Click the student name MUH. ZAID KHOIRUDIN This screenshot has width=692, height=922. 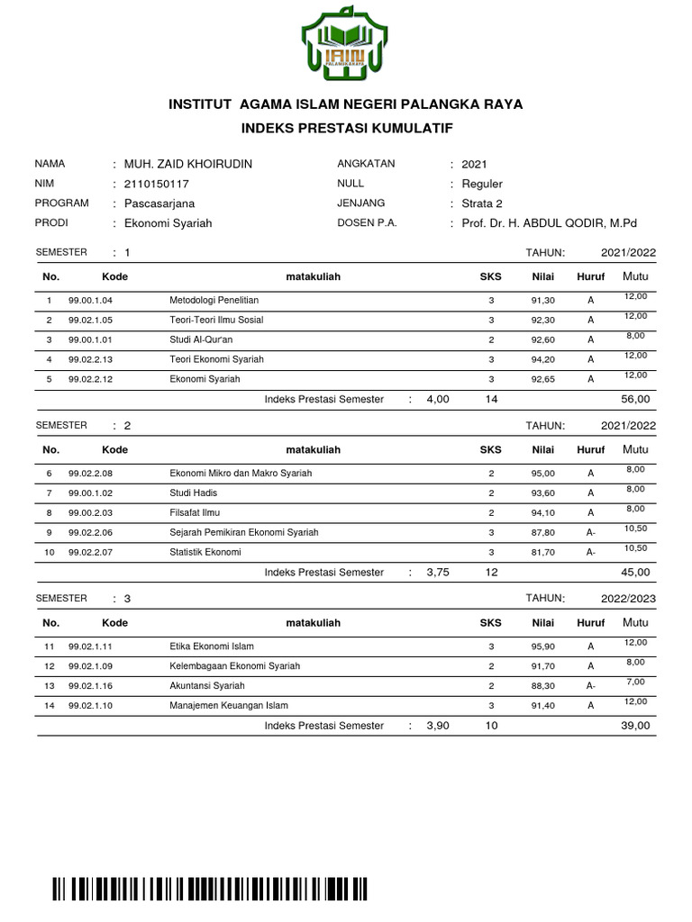point(187,164)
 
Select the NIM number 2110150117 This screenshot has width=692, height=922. point(157,184)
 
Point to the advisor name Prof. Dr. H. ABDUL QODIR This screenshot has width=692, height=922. point(548,223)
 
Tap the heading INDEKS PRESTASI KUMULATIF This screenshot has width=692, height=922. point(346,130)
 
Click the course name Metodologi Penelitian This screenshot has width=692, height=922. point(214,299)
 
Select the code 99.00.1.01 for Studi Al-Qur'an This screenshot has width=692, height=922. point(90,339)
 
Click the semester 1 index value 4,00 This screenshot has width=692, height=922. point(437,399)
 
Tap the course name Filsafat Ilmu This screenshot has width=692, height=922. point(195,512)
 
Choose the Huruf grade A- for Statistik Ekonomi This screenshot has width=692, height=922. point(590,552)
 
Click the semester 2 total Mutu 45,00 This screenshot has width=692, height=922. point(634,572)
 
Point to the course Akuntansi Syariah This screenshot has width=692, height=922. point(206,685)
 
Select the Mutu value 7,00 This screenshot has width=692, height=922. point(635,681)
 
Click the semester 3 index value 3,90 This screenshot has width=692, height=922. point(437,725)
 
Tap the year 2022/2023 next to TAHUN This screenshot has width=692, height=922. point(628,598)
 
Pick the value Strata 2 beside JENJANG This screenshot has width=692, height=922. point(482,203)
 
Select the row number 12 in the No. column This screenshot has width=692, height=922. point(49,666)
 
